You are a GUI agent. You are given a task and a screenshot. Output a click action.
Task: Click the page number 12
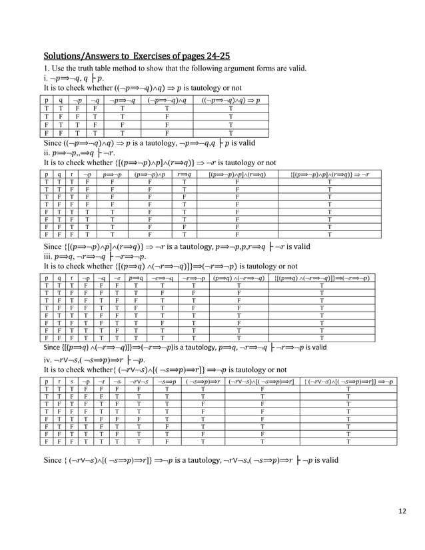402,511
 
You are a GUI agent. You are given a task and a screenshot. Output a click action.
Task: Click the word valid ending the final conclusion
327,460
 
